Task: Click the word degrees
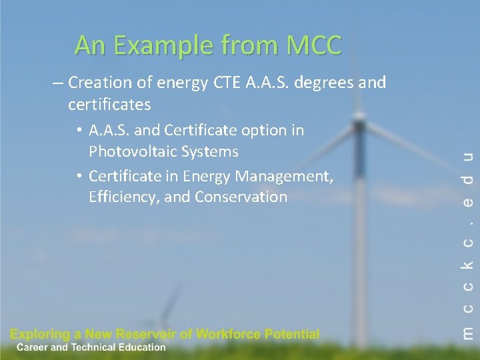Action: coord(327,83)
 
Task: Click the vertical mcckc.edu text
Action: coord(468,244)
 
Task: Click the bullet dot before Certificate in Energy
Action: coord(79,177)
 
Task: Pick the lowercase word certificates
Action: coord(109,105)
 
